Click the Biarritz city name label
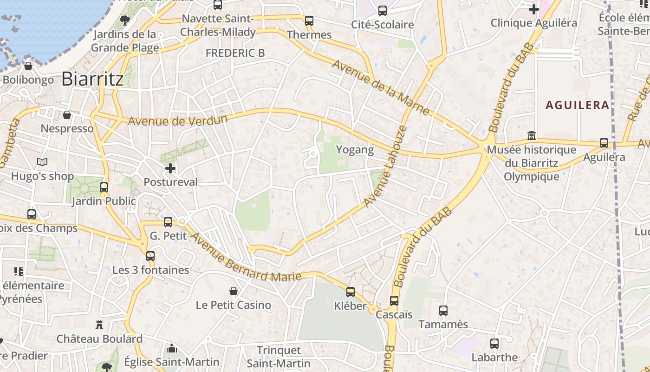click(92, 79)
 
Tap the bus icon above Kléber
click(351, 292)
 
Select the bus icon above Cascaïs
click(394, 301)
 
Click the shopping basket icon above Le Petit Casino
click(234, 291)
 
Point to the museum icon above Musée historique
click(532, 136)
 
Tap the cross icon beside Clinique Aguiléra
click(534, 9)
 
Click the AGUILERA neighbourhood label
click(577, 105)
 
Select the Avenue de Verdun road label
click(178, 120)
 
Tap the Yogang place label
click(355, 150)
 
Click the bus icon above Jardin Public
click(104, 187)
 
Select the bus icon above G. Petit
click(168, 222)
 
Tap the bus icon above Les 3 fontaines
click(150, 256)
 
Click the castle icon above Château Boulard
click(99, 325)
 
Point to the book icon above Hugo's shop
click(42, 162)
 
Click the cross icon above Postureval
click(170, 168)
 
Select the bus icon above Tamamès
click(443, 310)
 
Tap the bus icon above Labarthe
click(494, 344)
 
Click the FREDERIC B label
click(235, 53)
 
